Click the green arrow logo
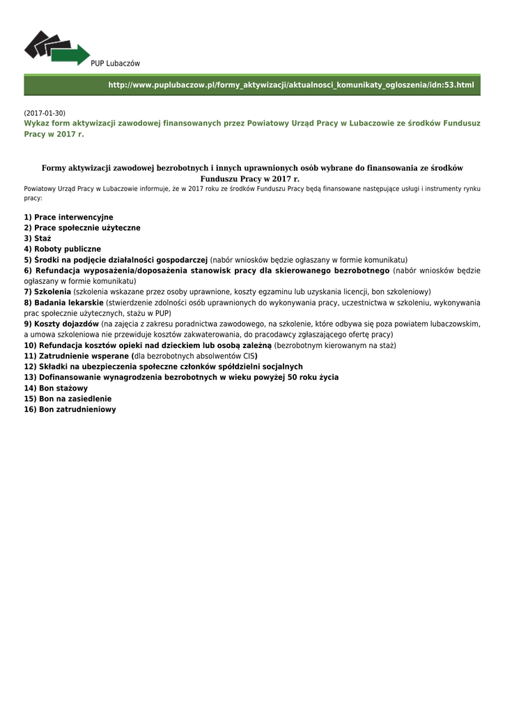57,48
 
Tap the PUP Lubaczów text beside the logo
116,63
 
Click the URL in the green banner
290,84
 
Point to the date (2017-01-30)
45,113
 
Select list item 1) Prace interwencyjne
68,218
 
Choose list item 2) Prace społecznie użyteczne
82,228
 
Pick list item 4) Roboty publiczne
63,249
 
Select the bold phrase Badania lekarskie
69,303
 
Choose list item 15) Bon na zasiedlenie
68,399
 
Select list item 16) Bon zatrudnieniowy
70,409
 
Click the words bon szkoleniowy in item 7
404,291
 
